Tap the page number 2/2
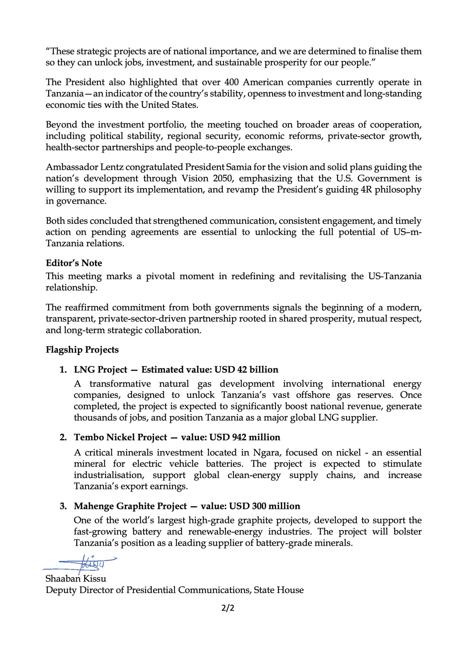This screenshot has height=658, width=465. click(x=228, y=608)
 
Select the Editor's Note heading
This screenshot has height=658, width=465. click(x=74, y=263)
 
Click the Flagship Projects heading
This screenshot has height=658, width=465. click(x=82, y=350)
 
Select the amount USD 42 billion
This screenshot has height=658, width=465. click(x=246, y=369)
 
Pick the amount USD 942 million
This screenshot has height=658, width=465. click(x=245, y=437)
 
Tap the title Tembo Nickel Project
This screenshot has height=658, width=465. click(x=120, y=437)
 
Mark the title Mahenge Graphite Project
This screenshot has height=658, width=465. click(x=130, y=506)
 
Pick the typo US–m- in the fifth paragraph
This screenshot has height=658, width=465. click(x=407, y=232)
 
